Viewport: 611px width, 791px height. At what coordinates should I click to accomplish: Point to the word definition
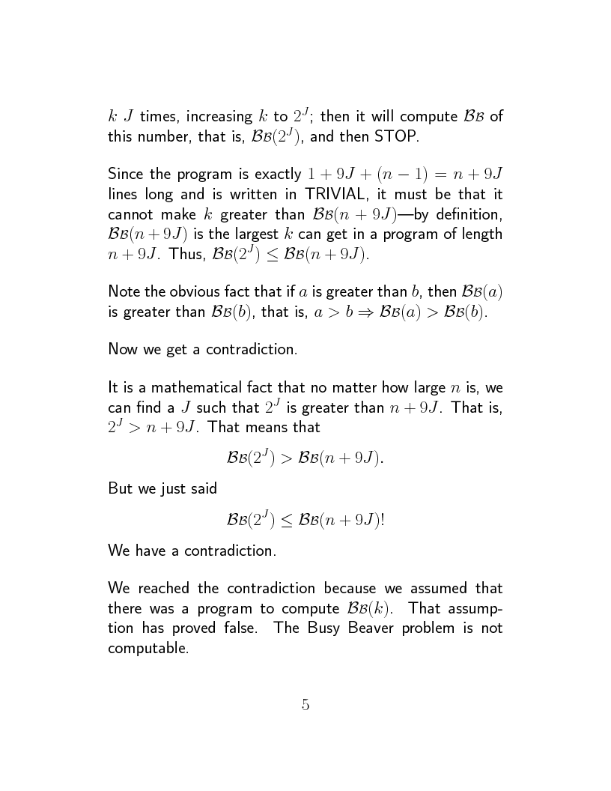tap(471, 215)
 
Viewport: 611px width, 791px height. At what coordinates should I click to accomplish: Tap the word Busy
tap(323, 628)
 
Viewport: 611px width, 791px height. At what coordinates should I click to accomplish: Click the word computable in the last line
tap(148, 648)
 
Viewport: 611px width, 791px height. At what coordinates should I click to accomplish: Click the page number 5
tap(305, 704)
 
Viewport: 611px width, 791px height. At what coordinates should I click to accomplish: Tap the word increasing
tap(218, 118)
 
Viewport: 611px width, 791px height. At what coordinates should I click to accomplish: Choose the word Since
tap(125, 175)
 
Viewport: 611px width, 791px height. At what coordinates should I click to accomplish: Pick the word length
tap(484, 234)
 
